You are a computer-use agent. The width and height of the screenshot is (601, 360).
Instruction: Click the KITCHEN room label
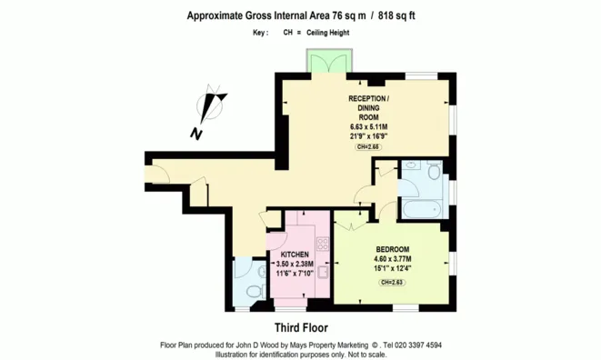295,255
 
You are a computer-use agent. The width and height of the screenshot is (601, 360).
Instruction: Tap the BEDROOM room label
393,249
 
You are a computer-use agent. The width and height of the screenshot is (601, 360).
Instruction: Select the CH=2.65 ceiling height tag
368,147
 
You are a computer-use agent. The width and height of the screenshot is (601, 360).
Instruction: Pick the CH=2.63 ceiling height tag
392,283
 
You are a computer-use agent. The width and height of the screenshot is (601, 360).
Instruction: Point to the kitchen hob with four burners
323,244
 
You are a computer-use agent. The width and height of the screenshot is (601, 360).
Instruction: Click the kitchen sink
323,272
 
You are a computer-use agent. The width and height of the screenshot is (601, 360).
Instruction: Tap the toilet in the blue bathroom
434,172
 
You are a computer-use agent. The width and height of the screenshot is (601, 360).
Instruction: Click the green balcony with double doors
329,61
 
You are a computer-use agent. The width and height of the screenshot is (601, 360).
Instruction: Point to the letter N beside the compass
195,134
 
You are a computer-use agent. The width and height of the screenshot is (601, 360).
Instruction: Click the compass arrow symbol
210,105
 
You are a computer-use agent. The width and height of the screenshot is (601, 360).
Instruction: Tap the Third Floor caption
301,328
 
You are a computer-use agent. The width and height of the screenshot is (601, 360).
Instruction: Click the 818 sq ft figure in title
396,15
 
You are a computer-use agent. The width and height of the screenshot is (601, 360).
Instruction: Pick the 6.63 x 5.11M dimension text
368,127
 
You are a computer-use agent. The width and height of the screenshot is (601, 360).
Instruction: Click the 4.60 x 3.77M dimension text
393,259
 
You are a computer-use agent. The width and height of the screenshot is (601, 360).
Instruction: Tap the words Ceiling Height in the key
327,33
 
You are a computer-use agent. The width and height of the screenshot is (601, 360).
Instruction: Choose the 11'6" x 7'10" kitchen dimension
295,274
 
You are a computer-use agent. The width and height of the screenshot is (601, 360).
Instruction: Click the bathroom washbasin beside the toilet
411,165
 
